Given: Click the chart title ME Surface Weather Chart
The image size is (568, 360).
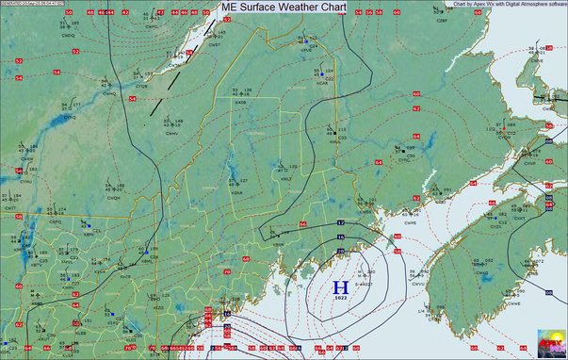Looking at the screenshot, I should (x=283, y=7).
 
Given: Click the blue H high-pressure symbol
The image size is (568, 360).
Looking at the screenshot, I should (x=341, y=286).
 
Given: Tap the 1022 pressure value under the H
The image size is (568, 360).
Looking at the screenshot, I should (x=341, y=298).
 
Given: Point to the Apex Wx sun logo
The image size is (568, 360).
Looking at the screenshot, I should (x=550, y=343).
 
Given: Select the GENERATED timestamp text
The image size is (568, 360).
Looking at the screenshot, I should (x=40, y=4).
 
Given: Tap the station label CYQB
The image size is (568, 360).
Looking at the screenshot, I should (x=141, y=86).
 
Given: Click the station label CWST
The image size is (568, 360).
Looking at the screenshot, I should (x=215, y=44).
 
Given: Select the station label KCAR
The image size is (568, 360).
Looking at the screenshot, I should (x=322, y=82).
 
